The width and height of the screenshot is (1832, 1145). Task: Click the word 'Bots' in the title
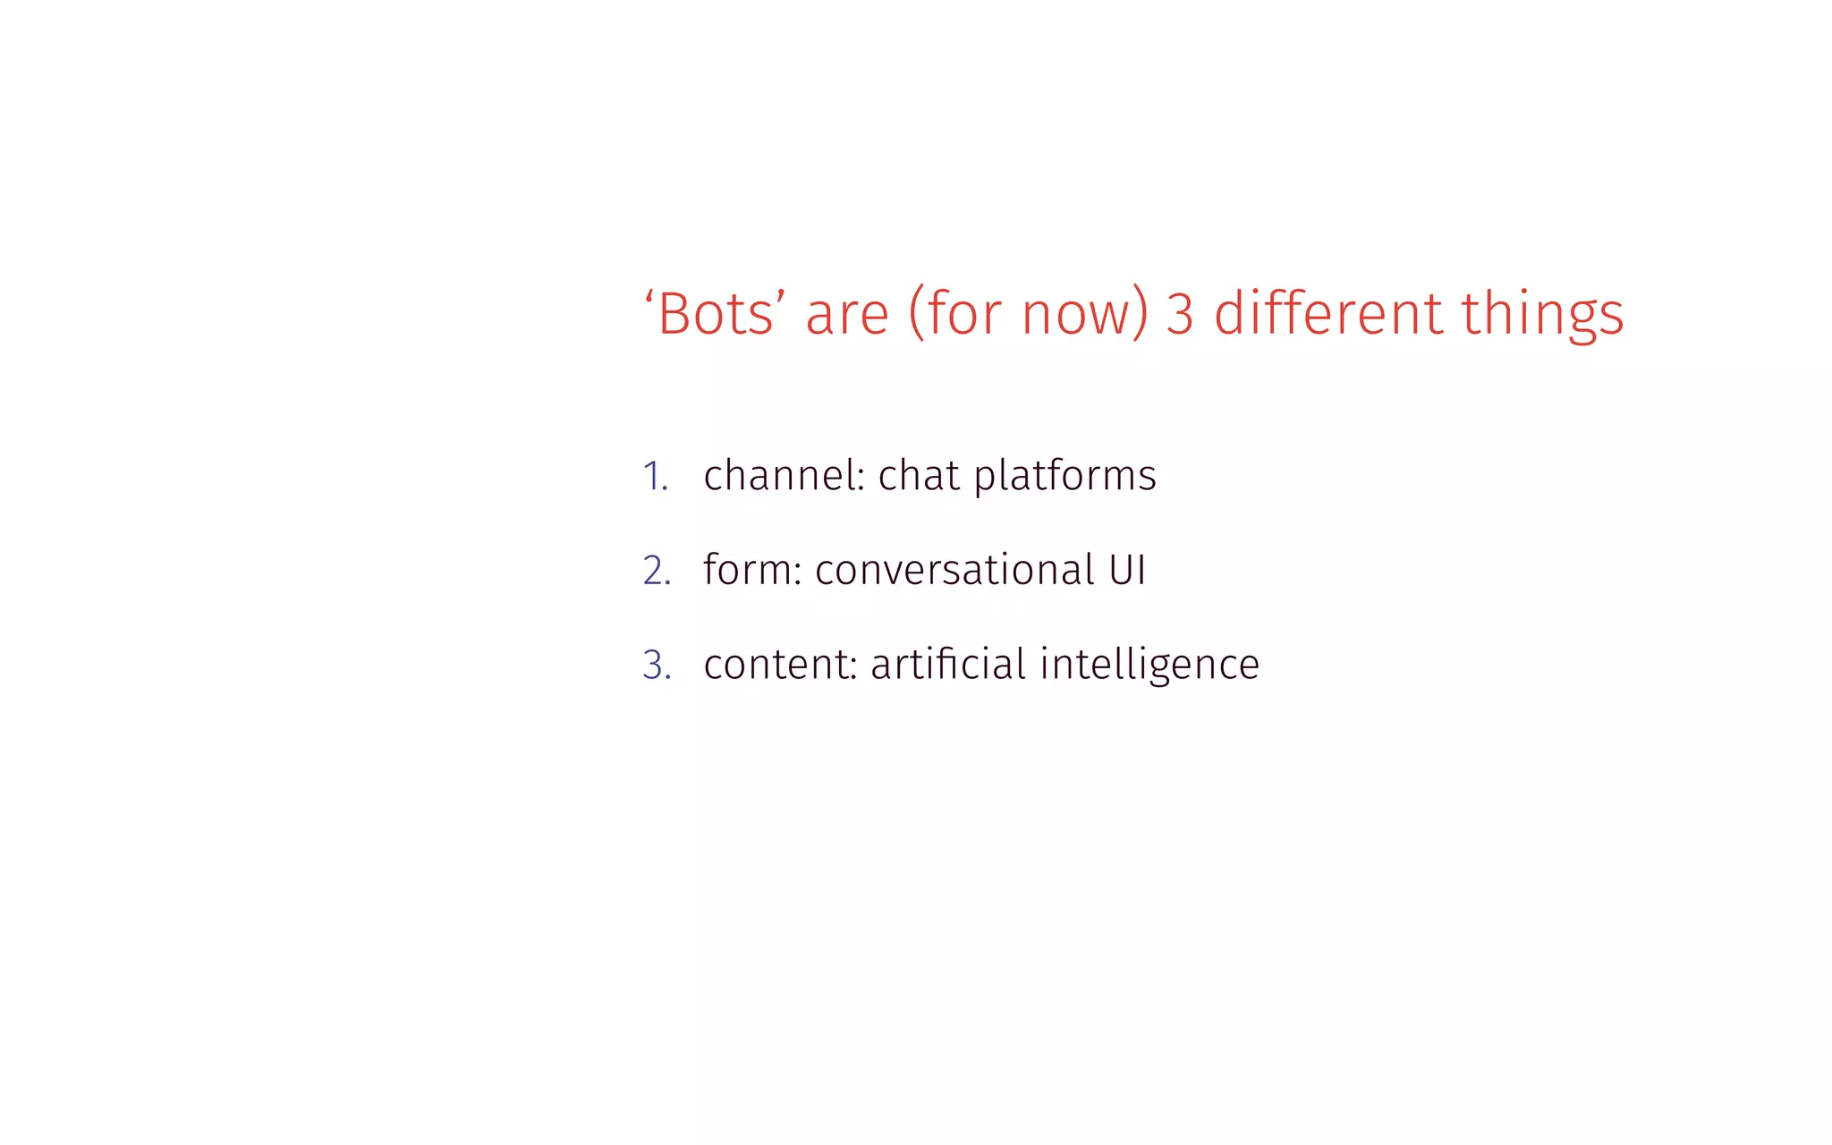coord(715,315)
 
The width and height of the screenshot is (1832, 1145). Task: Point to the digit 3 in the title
coord(1180,315)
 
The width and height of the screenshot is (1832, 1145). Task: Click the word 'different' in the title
coord(1327,315)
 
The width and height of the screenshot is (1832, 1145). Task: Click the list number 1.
coord(655,477)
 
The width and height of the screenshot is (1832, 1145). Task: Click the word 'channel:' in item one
coord(784,476)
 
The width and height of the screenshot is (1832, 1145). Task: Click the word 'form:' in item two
coord(752,570)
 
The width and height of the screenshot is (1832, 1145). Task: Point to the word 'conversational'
coord(954,571)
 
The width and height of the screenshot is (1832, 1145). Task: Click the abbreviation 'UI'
coord(1127,571)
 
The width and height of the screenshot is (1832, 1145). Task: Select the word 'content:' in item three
coord(780,665)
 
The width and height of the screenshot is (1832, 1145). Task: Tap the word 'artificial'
coord(947,664)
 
